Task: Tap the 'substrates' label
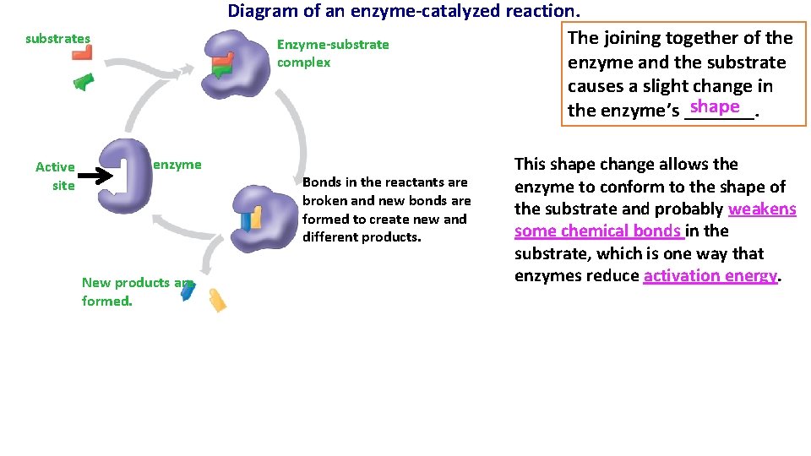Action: click(x=57, y=39)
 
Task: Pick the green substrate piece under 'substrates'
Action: click(x=83, y=82)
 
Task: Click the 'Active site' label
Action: click(x=56, y=176)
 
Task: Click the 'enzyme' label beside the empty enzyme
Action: click(x=177, y=165)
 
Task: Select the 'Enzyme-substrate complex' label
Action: click(x=333, y=53)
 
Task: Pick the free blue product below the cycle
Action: click(x=188, y=291)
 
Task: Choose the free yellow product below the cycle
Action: click(x=217, y=300)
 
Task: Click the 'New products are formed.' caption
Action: click(x=135, y=291)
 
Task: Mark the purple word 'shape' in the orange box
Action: click(x=715, y=107)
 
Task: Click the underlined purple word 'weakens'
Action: click(x=762, y=209)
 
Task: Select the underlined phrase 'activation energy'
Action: click(x=710, y=276)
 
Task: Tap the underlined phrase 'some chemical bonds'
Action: click(x=598, y=231)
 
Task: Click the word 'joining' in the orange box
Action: click(x=633, y=38)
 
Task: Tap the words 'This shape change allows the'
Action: click(x=626, y=165)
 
